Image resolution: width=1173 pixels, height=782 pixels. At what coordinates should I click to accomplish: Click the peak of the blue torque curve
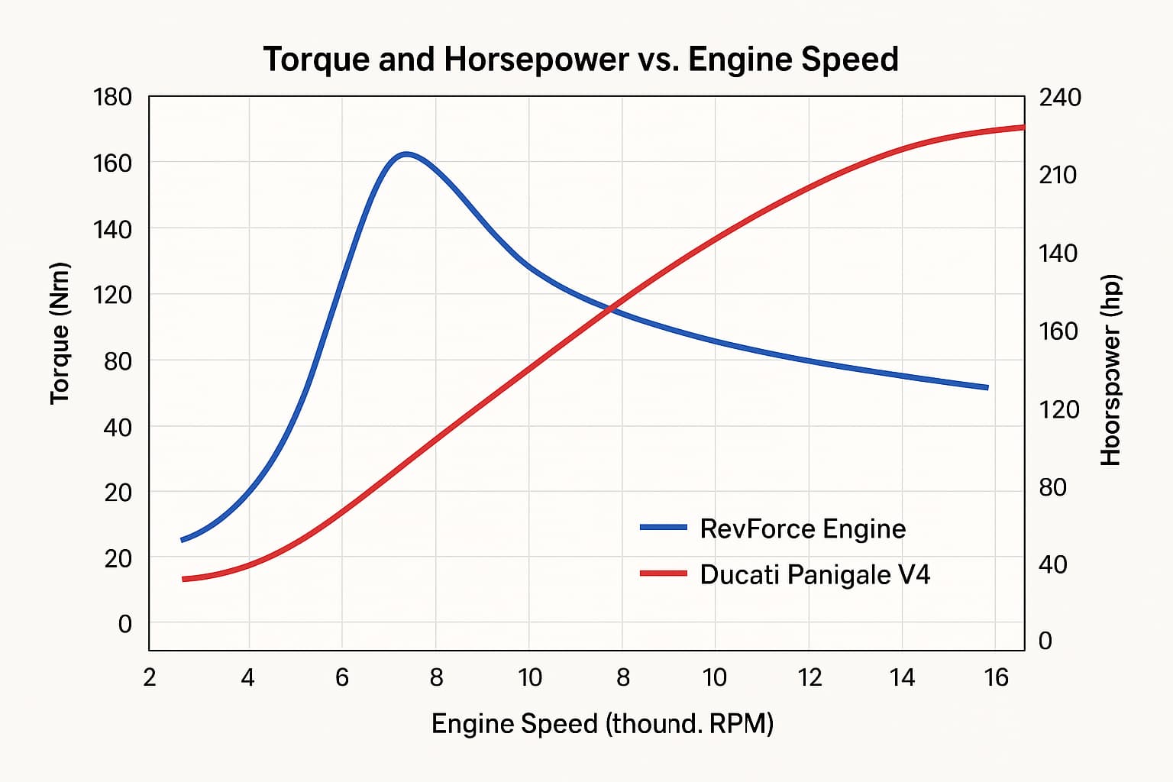point(406,154)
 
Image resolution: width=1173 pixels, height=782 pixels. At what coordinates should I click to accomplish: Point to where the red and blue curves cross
point(609,309)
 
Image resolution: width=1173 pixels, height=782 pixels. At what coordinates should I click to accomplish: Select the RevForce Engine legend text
point(802,528)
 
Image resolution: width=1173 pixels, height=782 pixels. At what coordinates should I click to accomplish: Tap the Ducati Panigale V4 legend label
point(814,574)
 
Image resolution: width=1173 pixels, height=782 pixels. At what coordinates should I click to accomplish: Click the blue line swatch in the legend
point(663,527)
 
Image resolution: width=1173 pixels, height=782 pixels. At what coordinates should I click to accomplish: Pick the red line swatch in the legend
point(663,573)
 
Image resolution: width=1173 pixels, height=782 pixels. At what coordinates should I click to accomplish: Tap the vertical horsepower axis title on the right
point(1110,370)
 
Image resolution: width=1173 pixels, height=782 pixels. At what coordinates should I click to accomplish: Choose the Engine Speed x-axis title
point(602,723)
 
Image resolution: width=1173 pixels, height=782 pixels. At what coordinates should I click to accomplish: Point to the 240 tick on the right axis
point(1060,98)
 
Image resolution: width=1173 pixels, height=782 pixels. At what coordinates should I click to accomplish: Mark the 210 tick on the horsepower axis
point(1058,176)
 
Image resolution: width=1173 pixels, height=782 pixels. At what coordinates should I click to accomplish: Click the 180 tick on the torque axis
point(112,98)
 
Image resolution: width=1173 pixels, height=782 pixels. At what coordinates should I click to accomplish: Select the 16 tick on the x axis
point(996,677)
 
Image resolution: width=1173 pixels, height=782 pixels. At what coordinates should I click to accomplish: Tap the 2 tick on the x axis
point(150,677)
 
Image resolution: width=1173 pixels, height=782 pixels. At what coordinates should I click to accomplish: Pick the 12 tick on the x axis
point(809,677)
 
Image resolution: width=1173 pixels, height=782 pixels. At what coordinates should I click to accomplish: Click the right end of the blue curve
point(987,387)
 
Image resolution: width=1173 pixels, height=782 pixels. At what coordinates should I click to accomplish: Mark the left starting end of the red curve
point(183,579)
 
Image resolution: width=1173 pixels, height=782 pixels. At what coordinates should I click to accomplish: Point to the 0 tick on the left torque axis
point(124,624)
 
